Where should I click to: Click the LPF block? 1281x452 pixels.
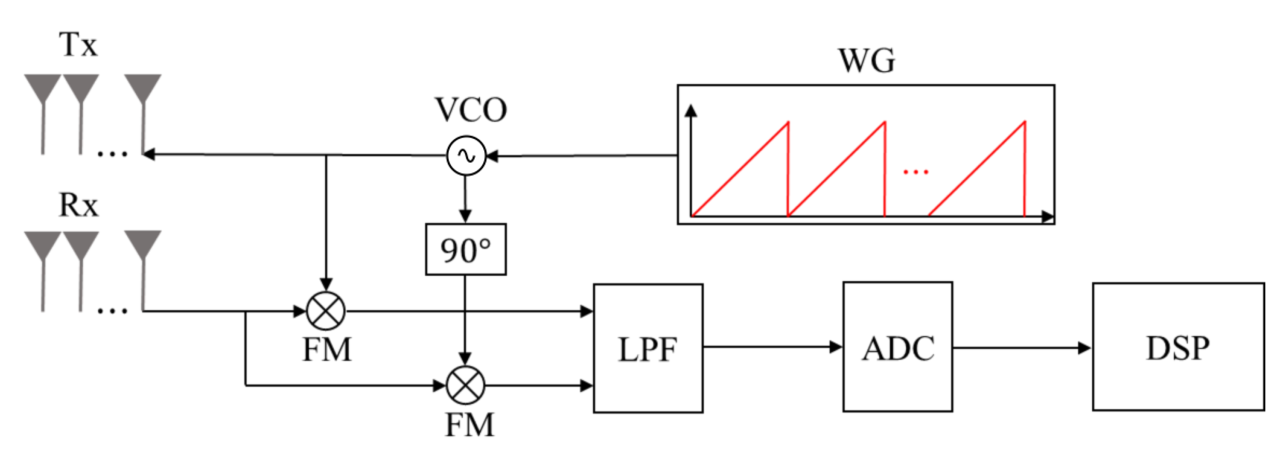pyautogui.click(x=648, y=348)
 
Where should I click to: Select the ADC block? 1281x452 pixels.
pyautogui.click(x=897, y=347)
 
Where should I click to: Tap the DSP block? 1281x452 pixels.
pyautogui.click(x=1177, y=347)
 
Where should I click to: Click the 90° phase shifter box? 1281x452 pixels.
pyautogui.click(x=465, y=249)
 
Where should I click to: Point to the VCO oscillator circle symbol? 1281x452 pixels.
pyautogui.click(x=466, y=156)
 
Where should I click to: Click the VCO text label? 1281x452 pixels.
pyautogui.click(x=470, y=110)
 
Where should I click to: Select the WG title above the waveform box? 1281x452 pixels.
pyautogui.click(x=867, y=61)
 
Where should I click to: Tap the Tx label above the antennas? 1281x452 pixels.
pyautogui.click(x=78, y=45)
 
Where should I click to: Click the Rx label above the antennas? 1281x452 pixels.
pyautogui.click(x=78, y=204)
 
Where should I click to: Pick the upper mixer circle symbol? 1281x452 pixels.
pyautogui.click(x=326, y=311)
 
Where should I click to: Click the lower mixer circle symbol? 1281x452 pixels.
pyautogui.click(x=465, y=385)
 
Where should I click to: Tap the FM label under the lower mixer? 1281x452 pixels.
pyautogui.click(x=469, y=425)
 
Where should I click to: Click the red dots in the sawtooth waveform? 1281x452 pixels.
pyautogui.click(x=915, y=172)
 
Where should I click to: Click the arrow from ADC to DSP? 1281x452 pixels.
pyautogui.click(x=1021, y=348)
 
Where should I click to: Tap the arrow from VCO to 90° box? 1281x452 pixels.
pyautogui.click(x=465, y=199)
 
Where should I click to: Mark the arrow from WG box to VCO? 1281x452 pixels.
pyautogui.click(x=582, y=156)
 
